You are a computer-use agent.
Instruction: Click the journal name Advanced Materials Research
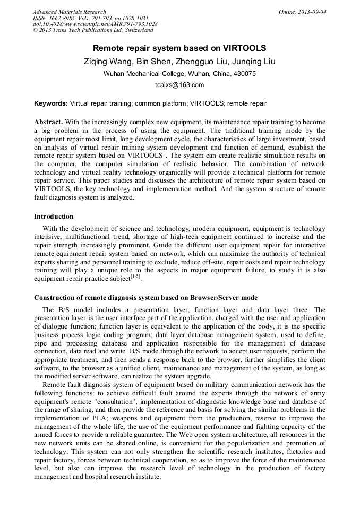pos(69,12)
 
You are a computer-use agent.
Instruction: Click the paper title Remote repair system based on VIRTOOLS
pos(179,48)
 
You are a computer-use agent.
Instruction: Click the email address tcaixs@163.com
pos(179,85)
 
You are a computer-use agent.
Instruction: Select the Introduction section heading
pos(54,217)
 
